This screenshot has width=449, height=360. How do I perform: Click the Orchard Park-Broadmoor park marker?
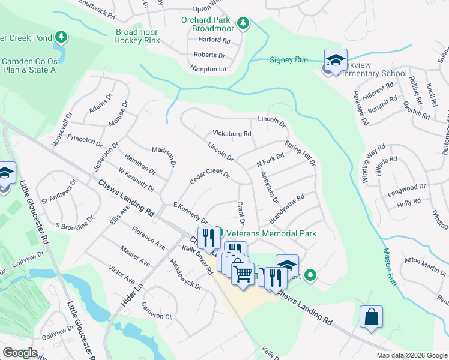pos(243,23)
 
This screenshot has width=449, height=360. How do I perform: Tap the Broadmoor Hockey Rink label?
pos(137,37)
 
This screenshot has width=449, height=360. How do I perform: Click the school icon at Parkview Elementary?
pos(336,60)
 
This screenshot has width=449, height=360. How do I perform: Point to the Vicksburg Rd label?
pos(232,133)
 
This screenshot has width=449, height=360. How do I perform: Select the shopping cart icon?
pos(243,274)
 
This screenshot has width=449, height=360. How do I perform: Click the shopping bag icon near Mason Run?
pos(371,316)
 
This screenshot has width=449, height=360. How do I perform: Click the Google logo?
pos(20,353)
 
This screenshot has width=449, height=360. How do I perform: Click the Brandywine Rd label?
pos(287,206)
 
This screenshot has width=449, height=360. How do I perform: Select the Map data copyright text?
pos(411,355)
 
